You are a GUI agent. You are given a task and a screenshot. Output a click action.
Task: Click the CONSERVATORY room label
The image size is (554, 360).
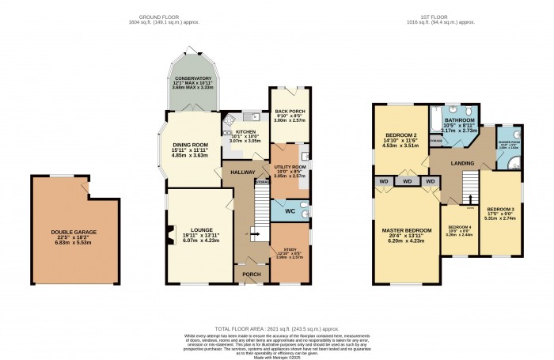[x=194, y=78]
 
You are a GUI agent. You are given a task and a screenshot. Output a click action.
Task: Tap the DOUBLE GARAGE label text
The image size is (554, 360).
[x=74, y=232]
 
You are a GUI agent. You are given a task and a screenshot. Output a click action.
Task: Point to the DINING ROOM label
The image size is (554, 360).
[x=190, y=145]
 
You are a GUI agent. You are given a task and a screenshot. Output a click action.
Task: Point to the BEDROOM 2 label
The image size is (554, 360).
[x=400, y=135]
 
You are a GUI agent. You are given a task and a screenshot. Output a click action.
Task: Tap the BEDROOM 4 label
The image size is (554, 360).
[x=459, y=226]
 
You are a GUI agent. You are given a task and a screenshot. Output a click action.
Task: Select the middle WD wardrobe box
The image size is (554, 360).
[x=406, y=181]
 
